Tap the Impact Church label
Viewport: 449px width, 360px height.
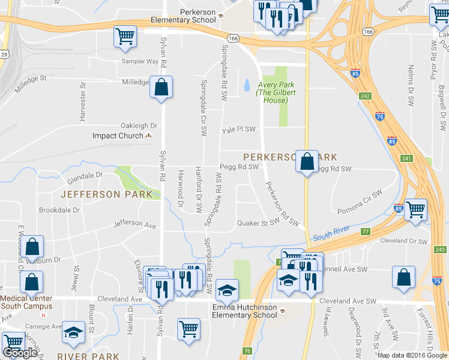click(118, 136)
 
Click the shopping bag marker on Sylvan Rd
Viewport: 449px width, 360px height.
click(161, 88)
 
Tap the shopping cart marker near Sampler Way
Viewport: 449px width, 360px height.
click(125, 36)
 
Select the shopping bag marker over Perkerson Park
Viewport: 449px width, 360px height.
click(307, 161)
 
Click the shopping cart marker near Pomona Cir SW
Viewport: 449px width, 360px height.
click(415, 210)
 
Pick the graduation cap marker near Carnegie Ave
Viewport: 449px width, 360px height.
click(74, 334)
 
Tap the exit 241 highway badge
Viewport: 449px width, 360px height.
click(408, 158)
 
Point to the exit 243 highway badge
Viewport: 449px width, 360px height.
click(440, 249)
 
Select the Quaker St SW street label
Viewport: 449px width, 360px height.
click(259, 222)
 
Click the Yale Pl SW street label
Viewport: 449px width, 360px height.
click(238, 129)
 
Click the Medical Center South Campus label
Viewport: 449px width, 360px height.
click(26, 302)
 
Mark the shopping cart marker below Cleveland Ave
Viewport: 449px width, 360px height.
click(189, 329)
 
